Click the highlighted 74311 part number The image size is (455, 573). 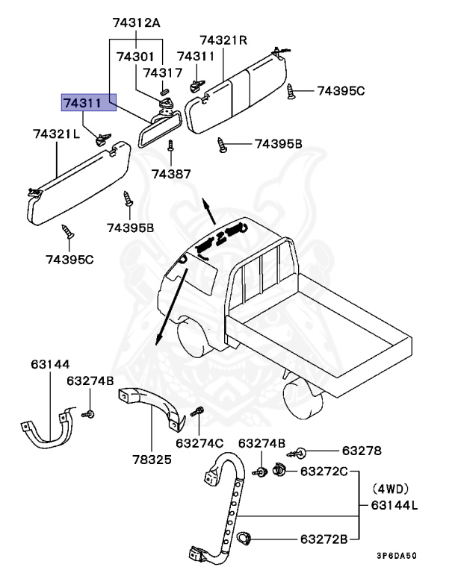click(88, 102)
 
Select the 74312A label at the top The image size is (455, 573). click(137, 24)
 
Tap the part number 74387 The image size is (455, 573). click(172, 173)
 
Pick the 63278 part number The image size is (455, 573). click(362, 451)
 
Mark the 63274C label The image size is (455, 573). click(199, 442)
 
